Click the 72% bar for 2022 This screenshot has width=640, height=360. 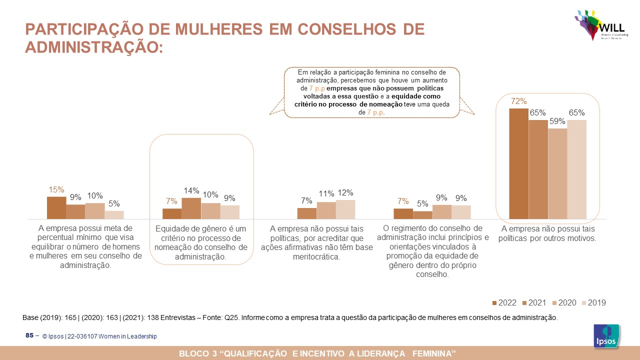518,164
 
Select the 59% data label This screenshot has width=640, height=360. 557,121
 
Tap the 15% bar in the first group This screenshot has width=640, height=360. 56,208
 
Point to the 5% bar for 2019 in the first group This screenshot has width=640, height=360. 114,215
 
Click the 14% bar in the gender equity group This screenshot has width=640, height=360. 191,208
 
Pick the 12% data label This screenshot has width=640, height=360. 345,192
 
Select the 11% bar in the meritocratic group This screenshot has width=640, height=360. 326,210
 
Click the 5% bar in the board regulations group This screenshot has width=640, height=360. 422,215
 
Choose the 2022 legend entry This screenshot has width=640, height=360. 504,302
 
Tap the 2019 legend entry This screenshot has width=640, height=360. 593,302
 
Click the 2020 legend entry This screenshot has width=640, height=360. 563,302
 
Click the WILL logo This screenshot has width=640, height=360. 598,25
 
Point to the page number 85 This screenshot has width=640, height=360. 29,335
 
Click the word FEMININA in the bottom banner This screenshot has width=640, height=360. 433,354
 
